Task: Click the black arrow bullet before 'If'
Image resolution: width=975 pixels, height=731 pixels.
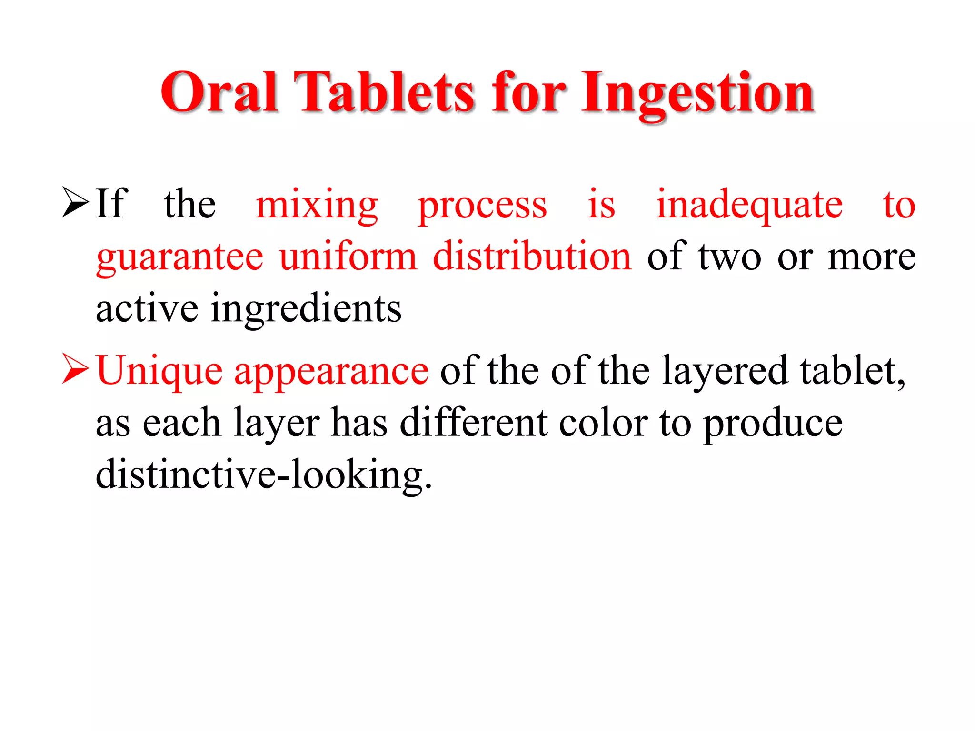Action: coord(75,203)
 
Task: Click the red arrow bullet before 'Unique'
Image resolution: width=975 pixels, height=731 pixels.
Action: coord(75,368)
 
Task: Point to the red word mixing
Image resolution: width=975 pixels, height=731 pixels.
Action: coord(317,206)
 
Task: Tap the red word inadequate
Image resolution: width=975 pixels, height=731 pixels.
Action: coord(749,206)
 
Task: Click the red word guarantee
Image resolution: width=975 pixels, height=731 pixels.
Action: coord(179,258)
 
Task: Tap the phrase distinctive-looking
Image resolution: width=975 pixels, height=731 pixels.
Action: coord(264,475)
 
